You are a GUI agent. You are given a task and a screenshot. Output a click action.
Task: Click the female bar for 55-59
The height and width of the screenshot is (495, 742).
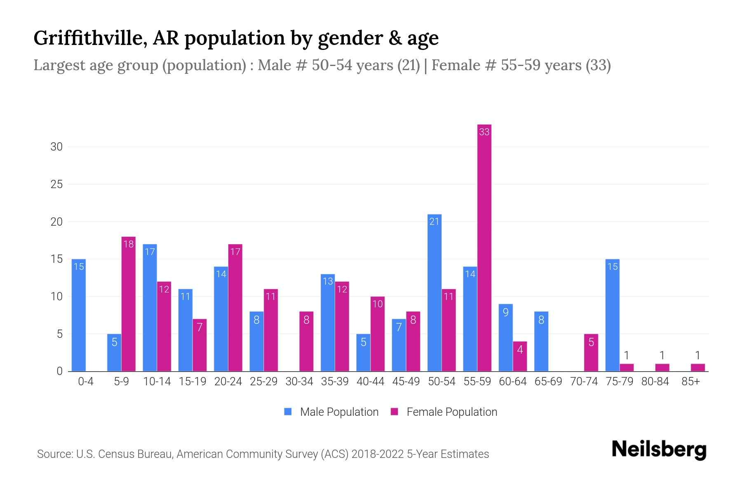[484, 247]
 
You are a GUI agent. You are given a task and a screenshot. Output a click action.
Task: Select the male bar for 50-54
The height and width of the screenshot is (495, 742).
[434, 293]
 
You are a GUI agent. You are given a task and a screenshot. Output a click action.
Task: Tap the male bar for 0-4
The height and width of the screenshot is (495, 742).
[78, 316]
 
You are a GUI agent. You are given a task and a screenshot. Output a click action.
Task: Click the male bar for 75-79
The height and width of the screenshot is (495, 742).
[613, 316]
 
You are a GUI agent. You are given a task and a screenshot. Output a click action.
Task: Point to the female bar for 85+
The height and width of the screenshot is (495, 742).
[698, 368]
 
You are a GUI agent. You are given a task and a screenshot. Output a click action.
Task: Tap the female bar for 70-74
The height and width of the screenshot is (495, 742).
[591, 353]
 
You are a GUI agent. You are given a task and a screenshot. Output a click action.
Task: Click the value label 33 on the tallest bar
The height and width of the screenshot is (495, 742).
[484, 132]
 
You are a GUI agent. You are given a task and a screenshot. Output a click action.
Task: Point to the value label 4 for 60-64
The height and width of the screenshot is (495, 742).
[520, 350]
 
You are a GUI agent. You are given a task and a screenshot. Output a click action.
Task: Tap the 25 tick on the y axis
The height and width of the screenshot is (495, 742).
[56, 184]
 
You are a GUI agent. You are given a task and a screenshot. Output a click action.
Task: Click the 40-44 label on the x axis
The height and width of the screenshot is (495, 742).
[370, 382]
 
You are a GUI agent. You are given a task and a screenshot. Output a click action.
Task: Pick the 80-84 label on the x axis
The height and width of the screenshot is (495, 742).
[655, 382]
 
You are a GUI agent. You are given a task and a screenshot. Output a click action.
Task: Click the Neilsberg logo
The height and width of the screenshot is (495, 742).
[659, 450]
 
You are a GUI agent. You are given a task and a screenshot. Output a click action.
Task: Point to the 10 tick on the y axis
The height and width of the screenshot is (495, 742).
[56, 297]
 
